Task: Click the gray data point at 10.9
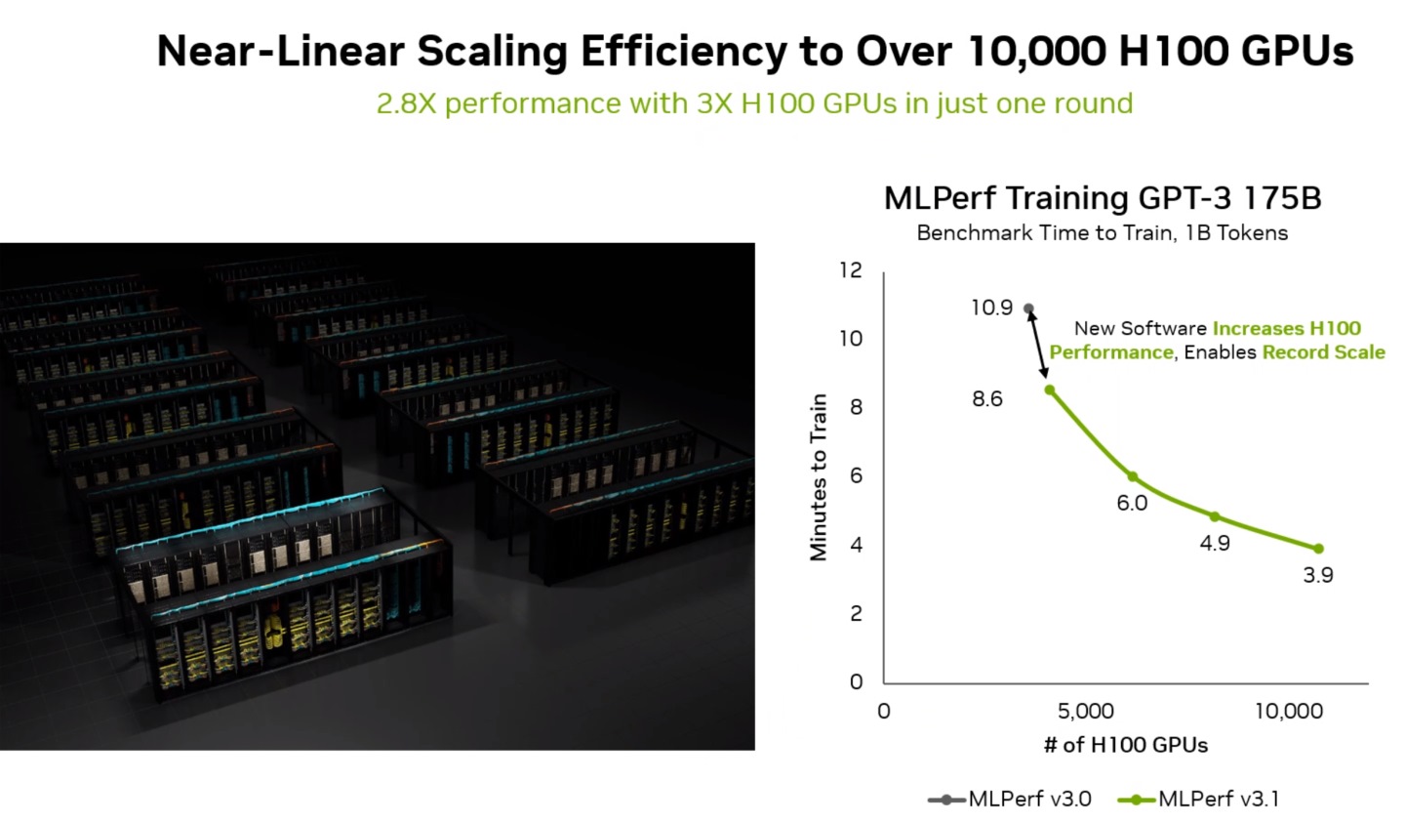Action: coord(1028,308)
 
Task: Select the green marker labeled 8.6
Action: coord(1050,390)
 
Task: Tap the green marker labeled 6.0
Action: coord(1133,476)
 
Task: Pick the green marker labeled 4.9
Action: coord(1215,516)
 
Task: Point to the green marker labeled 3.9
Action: coord(1318,549)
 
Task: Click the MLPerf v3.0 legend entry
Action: coord(1010,799)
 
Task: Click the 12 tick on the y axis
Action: coord(851,270)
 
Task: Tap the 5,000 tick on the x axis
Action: coord(1085,711)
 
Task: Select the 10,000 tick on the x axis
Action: coord(1288,711)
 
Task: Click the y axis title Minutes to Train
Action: coord(818,476)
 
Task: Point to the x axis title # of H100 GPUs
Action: coord(1125,745)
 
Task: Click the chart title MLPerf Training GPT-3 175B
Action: coord(1102,198)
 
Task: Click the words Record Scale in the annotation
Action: coord(1323,352)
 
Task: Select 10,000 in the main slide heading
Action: coord(1036,51)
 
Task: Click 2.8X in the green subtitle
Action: coord(406,103)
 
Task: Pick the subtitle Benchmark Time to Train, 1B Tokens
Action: coord(1102,233)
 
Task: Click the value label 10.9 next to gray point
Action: coord(991,308)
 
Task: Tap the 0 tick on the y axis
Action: coord(857,681)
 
